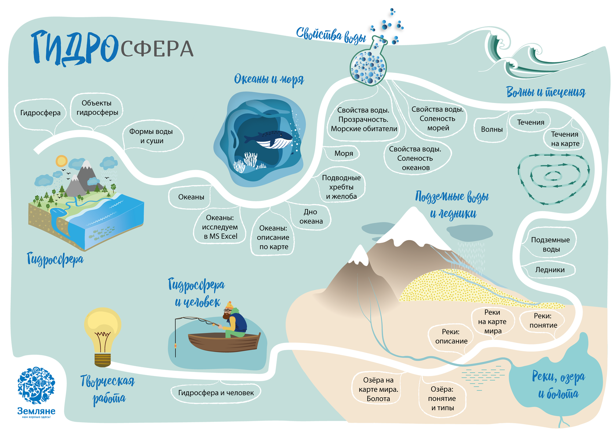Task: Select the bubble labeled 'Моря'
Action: pos(344,154)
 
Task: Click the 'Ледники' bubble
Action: pos(550,270)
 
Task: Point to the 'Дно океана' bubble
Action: pos(311,217)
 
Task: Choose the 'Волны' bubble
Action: pos(492,129)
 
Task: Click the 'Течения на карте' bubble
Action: pos(565,139)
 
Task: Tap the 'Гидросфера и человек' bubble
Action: pos(216,393)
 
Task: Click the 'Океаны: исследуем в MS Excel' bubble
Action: pos(220,227)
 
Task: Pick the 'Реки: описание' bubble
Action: pos(451,336)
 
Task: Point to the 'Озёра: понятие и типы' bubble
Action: pos(442,399)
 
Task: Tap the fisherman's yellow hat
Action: pos(229,305)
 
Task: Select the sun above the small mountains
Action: pos(61,161)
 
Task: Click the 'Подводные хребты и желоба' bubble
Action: pos(341,187)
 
